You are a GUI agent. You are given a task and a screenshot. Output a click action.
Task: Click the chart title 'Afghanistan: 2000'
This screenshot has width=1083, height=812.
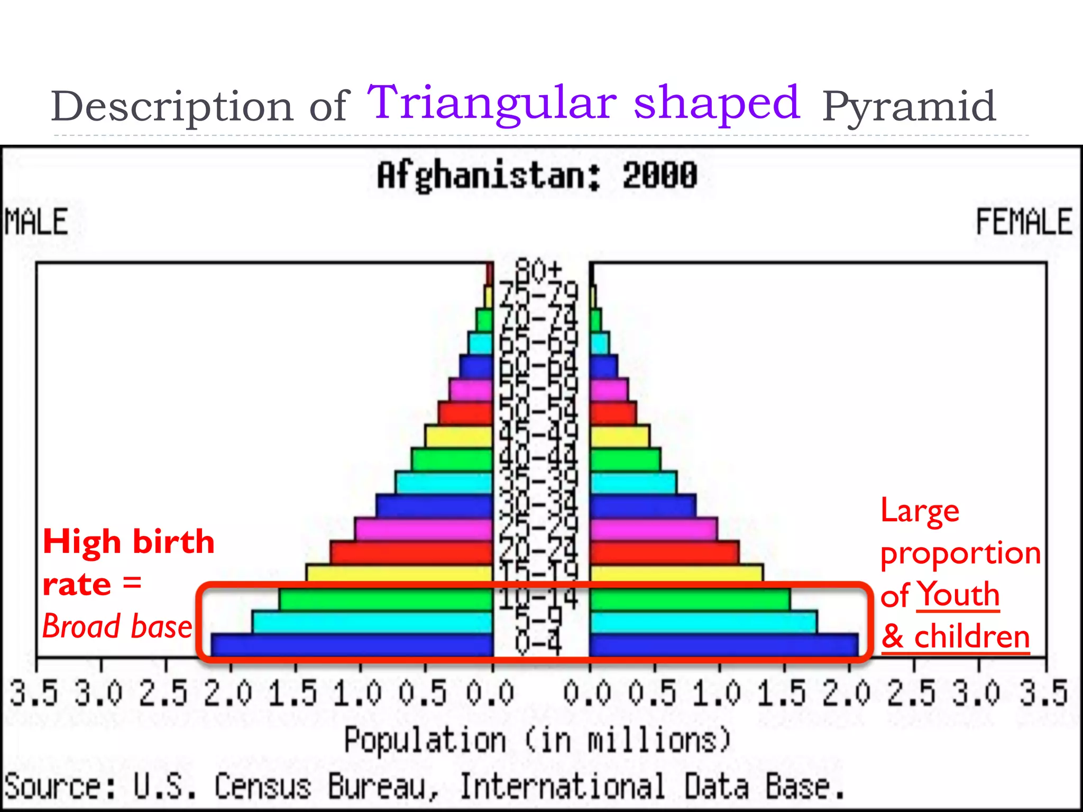click(537, 176)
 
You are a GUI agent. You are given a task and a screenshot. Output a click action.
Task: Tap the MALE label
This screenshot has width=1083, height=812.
click(36, 222)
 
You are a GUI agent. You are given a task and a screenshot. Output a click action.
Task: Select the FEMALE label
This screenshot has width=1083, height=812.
click(1023, 222)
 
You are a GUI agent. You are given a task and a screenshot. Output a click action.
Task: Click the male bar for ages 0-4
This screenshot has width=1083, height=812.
click(352, 645)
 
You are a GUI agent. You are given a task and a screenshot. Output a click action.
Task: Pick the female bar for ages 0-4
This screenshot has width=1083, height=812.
click(723, 645)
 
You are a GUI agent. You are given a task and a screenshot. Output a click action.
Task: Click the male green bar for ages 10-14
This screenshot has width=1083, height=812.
click(386, 600)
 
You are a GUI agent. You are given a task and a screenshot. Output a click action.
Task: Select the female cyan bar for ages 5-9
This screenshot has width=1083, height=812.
click(703, 622)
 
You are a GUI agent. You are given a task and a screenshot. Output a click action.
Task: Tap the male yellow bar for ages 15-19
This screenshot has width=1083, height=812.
click(399, 574)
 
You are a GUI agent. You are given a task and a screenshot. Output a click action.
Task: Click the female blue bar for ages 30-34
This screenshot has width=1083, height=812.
click(643, 506)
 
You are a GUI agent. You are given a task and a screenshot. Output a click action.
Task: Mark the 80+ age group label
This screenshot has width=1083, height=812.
click(538, 270)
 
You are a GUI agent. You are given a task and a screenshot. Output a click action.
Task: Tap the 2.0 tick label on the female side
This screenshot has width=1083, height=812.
click(846, 694)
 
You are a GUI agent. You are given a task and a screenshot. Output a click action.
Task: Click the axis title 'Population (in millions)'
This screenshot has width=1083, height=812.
click(537, 740)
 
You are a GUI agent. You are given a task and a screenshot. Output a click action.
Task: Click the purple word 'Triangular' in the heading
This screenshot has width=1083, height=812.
click(492, 103)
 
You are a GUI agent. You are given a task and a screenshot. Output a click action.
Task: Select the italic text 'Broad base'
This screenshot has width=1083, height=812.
click(117, 626)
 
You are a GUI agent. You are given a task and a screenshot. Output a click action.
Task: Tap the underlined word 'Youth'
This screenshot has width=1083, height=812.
click(958, 595)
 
